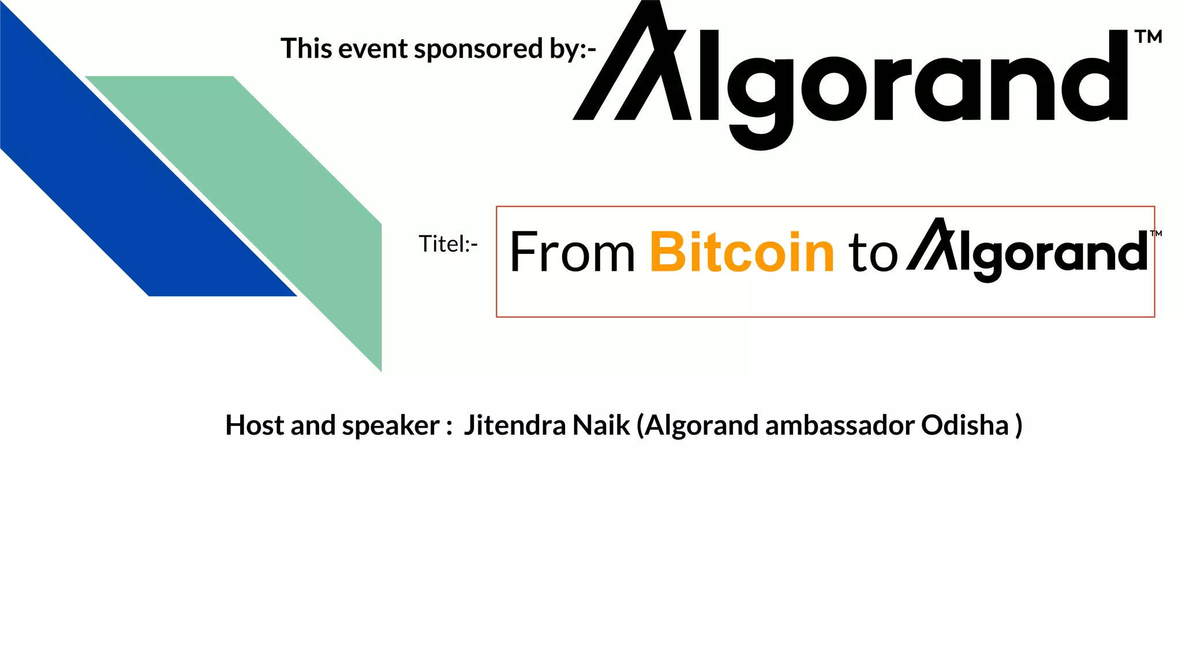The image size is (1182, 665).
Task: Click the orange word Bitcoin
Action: (742, 252)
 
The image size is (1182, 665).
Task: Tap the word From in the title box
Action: (572, 252)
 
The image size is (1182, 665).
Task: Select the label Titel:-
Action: (448, 244)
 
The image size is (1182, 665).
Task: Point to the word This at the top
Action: (306, 48)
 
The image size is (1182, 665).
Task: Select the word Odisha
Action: (964, 425)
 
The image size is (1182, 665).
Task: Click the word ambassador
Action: (840, 425)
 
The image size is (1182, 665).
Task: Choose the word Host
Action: (255, 425)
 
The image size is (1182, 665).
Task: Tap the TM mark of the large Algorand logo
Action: (1148, 38)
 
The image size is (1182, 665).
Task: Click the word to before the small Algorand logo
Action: (873, 254)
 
